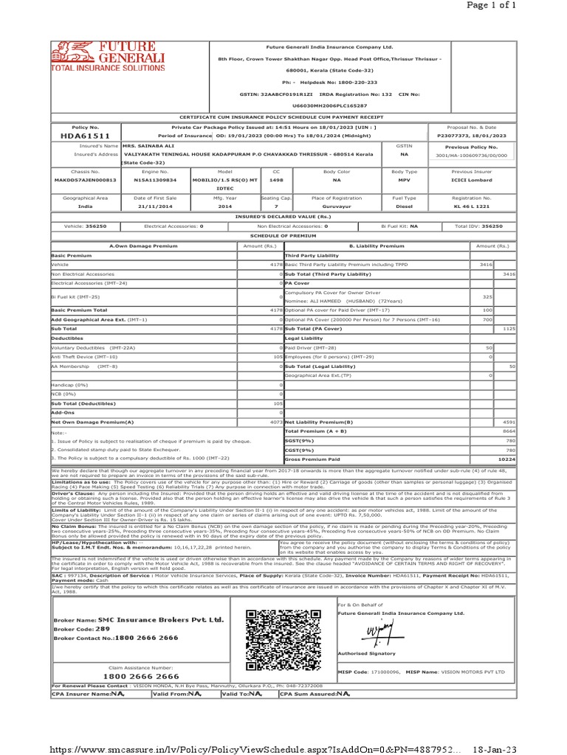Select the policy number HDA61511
85,136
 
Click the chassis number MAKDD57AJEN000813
85,179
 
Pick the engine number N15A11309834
155,179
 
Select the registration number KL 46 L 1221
472,207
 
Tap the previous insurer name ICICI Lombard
472,179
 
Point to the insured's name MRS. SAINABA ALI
148,146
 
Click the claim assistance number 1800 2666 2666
140,676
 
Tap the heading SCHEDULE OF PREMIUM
283,234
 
